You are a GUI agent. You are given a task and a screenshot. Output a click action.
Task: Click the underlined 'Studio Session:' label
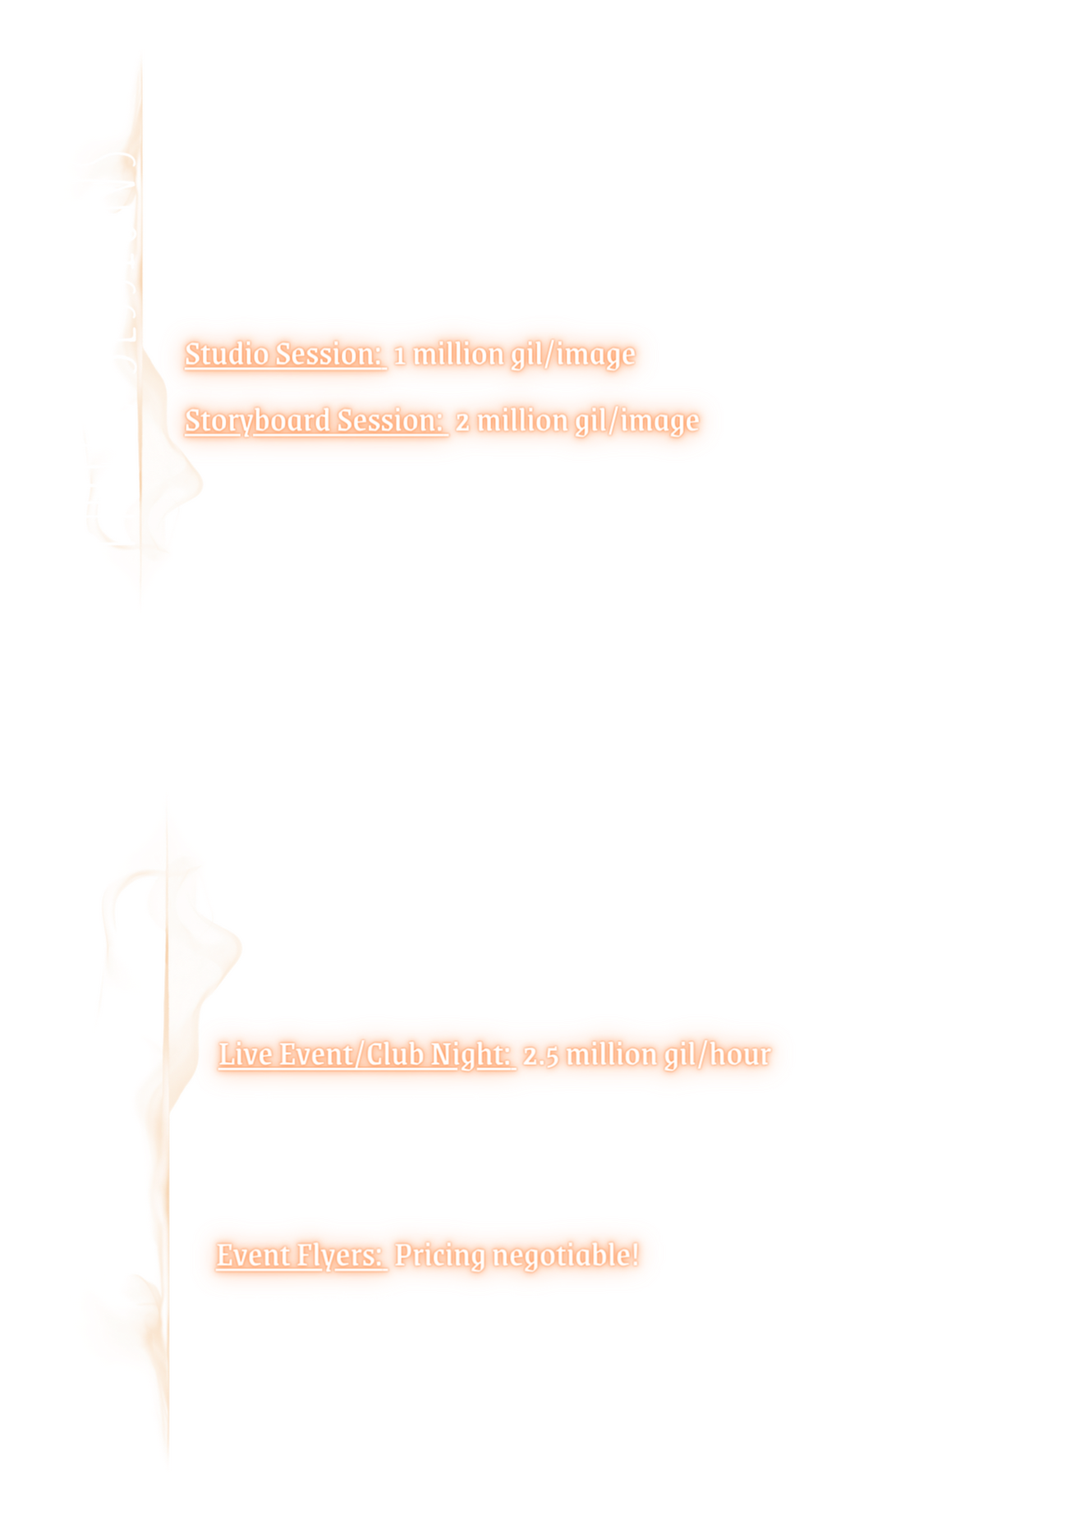pos(285,355)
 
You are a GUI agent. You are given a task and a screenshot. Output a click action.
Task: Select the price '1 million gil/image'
pos(514,355)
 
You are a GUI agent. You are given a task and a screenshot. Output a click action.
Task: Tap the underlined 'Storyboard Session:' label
pos(315,420)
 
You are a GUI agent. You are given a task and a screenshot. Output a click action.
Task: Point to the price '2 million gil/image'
pos(577,420)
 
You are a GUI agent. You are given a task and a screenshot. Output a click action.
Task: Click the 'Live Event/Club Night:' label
pos(365,1054)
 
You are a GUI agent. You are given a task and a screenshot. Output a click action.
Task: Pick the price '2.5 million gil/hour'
pos(646,1054)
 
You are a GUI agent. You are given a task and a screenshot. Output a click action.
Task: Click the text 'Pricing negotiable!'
pos(516,1255)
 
